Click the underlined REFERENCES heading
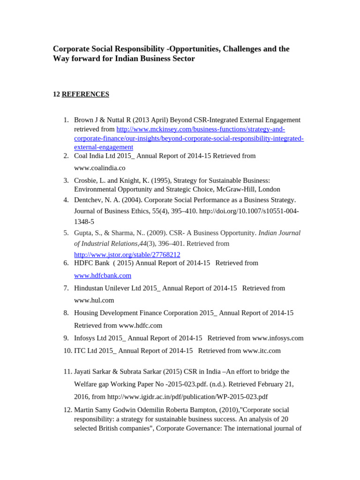85,94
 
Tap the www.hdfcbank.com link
103,276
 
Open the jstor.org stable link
127,255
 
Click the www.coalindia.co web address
99,168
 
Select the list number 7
66,288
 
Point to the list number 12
67,410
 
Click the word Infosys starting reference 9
85,338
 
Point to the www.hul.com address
94,300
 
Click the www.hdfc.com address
141,325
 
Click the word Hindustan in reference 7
91,288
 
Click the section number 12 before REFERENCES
56,94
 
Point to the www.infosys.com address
277,338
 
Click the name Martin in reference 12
85,410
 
